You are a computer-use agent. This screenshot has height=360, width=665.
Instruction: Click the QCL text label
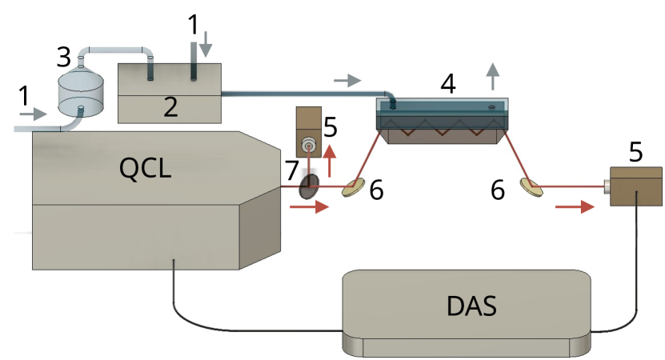tap(145, 168)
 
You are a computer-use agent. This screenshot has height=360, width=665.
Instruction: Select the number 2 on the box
tap(170, 107)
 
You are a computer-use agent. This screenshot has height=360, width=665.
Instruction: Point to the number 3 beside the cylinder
tap(64, 58)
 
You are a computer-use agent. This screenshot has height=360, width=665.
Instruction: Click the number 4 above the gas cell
tap(448, 83)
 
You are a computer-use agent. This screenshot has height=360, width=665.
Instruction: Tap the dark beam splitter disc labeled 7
tap(309, 187)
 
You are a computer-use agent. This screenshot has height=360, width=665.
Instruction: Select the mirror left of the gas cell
tap(352, 189)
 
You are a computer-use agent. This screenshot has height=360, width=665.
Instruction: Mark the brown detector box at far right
tap(635, 187)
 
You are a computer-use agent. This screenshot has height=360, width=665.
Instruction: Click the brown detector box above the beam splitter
tap(308, 130)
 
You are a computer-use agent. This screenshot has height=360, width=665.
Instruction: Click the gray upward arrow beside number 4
tap(493, 78)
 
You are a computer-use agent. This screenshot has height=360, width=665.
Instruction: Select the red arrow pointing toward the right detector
tap(575, 207)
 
